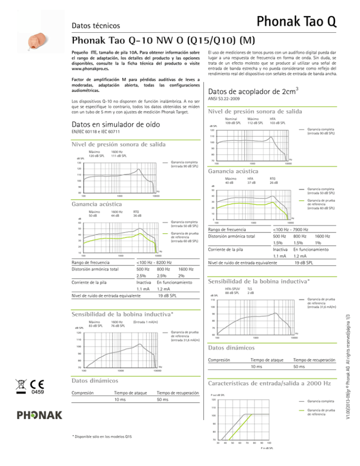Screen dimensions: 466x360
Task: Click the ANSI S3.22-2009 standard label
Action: pos(226,99)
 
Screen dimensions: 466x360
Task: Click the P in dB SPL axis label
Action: pos(266,461)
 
